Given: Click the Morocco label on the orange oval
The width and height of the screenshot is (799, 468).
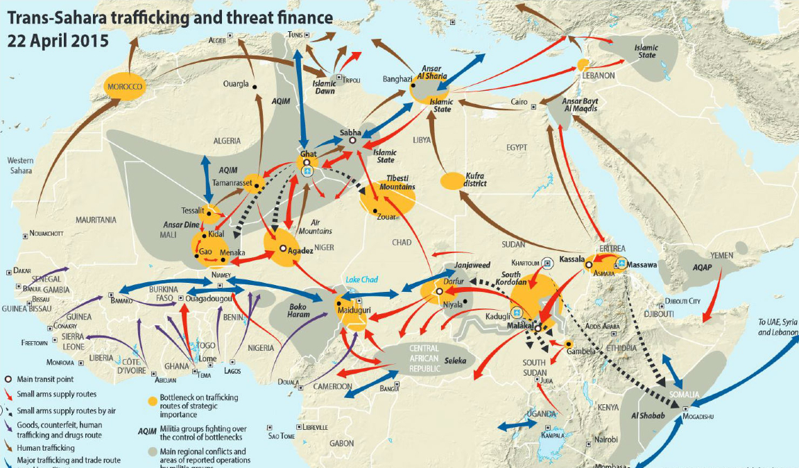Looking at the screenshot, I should click(x=124, y=87).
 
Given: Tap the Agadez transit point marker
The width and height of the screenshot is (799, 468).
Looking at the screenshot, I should click(x=283, y=248).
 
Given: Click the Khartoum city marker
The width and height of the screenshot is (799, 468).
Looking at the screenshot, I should click(x=547, y=263).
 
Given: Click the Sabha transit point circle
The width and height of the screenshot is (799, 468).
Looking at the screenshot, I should click(x=352, y=140).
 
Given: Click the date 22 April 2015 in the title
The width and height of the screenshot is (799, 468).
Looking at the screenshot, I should click(x=58, y=41).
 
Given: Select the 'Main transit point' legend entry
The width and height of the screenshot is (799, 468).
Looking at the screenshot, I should click(x=49, y=379).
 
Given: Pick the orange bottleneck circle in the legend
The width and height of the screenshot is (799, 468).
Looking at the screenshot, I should click(x=153, y=400).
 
